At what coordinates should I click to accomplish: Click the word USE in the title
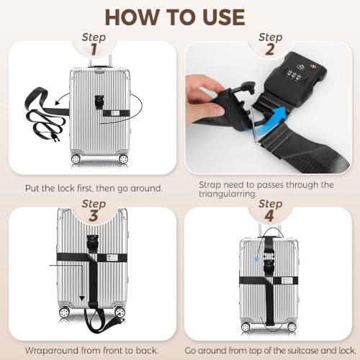pos(224,17)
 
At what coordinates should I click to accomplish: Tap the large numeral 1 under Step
pos(94,50)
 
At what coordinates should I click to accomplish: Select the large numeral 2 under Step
pos(270,50)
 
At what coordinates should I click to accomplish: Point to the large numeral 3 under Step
pos(94,215)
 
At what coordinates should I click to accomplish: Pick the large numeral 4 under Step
pos(269,215)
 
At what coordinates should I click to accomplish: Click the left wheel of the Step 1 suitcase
pos(76,158)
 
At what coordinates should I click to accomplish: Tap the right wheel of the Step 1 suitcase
pos(123,158)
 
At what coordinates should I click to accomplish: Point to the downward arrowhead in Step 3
pos(82,298)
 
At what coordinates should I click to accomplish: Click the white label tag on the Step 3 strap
pos(112,257)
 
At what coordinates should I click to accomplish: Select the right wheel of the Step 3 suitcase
pos(120,312)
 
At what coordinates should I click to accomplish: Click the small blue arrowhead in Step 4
pos(256,259)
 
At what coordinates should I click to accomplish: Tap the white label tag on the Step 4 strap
pos(287,280)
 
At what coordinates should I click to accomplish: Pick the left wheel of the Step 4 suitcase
pos(246,327)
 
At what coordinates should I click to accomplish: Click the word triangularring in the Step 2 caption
pos(228,194)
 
